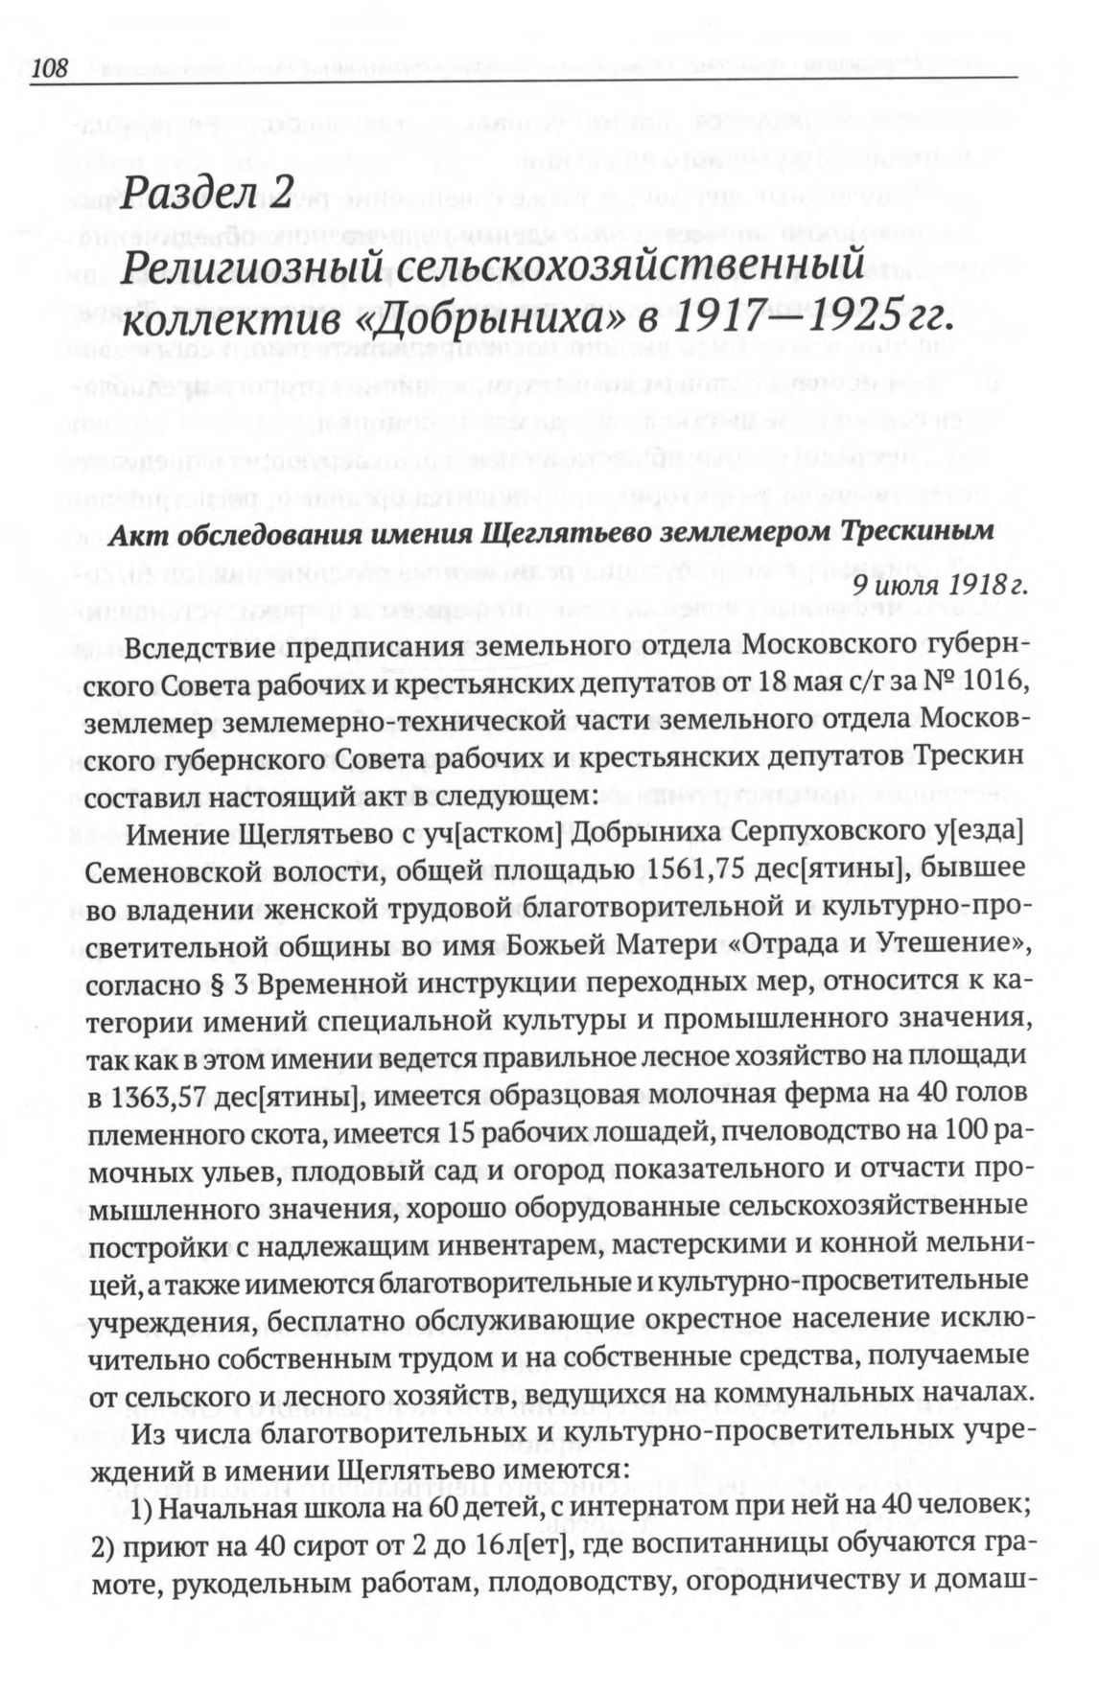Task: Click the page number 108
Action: (51, 68)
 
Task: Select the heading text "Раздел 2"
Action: (206, 195)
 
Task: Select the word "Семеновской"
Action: (181, 871)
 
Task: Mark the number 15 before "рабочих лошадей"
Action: (460, 1133)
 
